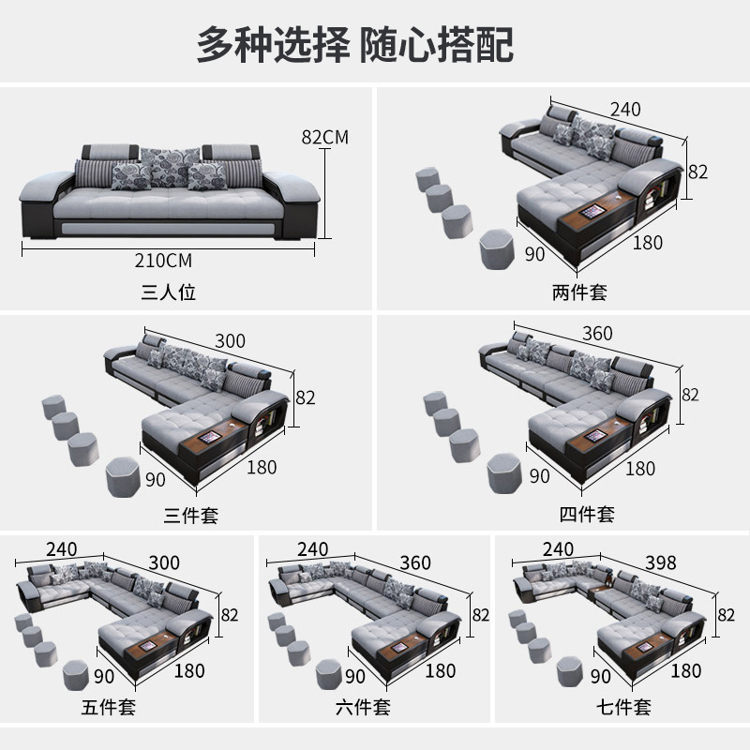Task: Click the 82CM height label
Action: (324, 137)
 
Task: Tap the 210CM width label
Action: (163, 261)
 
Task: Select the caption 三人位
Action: (169, 292)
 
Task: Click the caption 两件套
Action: (579, 292)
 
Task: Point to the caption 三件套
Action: (191, 516)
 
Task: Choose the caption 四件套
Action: (587, 514)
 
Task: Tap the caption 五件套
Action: (109, 708)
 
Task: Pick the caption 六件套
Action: (363, 708)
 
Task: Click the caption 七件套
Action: (623, 707)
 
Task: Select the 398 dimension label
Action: (661, 563)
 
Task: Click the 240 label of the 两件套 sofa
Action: (625, 110)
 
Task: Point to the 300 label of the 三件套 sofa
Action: (230, 341)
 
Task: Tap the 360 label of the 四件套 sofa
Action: (597, 334)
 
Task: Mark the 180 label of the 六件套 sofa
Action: (440, 670)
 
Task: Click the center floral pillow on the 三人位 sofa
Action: (170, 167)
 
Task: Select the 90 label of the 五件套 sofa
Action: (104, 676)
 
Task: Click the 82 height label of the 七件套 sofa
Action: (726, 615)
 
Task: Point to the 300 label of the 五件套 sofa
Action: (164, 563)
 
